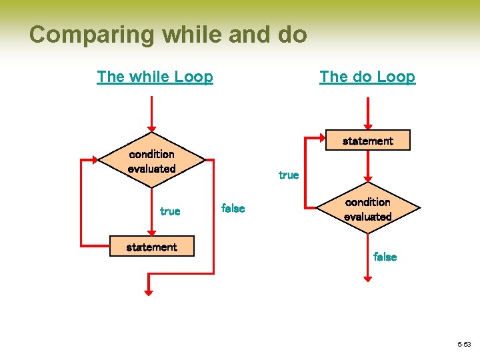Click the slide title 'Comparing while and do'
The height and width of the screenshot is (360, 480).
[x=168, y=34]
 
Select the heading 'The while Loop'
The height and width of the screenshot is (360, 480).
[x=155, y=77]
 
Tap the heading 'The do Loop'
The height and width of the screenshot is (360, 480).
[x=367, y=77]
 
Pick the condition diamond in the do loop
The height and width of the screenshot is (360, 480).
[x=367, y=209]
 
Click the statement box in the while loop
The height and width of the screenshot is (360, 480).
[x=151, y=247]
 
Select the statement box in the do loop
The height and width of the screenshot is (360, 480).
[x=367, y=141]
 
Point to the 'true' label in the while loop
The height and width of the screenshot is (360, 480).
[x=170, y=211]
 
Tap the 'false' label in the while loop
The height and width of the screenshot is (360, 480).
[x=233, y=209]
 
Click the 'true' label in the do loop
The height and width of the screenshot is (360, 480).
[x=289, y=175]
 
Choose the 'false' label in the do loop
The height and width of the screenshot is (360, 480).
[x=385, y=257]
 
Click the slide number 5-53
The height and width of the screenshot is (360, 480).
[x=464, y=345]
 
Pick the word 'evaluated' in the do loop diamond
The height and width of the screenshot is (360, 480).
[x=367, y=217]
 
